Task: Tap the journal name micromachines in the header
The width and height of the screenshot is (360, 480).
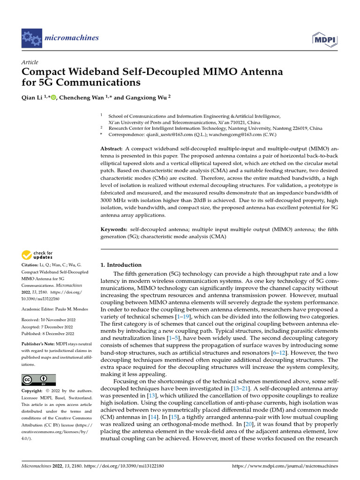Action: [x=72, y=37]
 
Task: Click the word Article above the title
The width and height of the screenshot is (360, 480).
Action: [x=30, y=62]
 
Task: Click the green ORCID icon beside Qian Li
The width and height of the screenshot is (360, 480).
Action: [x=53, y=97]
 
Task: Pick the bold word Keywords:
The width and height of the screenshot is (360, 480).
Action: [x=114, y=229]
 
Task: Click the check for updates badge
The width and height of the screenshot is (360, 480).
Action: [x=37, y=255]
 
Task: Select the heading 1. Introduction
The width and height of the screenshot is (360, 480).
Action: [x=121, y=265]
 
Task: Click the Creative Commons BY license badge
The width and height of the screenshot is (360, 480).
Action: [x=38, y=380]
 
